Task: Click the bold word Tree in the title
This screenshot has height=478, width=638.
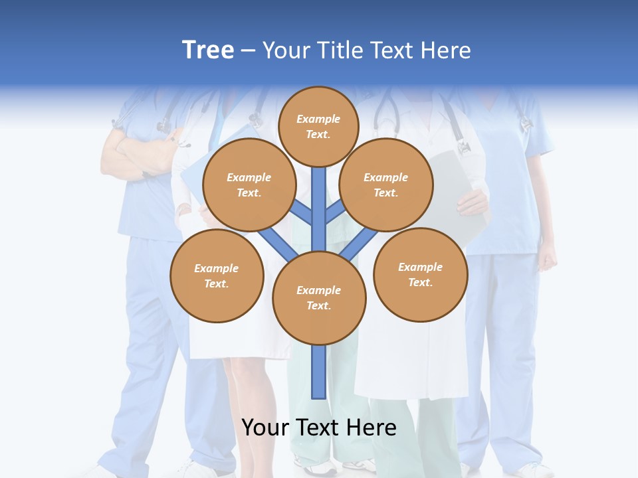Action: [x=208, y=50]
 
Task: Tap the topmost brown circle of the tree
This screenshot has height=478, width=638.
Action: [x=318, y=126]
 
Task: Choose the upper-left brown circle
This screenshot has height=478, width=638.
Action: [x=249, y=185]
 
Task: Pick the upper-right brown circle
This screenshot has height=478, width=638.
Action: [x=385, y=185]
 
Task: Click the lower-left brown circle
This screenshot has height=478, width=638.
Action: [x=217, y=276]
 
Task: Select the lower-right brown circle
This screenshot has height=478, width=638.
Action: [x=421, y=274]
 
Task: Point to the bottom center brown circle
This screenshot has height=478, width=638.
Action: [x=319, y=297]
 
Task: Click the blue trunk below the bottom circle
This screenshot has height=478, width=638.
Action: [x=319, y=372]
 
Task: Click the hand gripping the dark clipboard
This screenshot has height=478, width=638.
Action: [x=473, y=201]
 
